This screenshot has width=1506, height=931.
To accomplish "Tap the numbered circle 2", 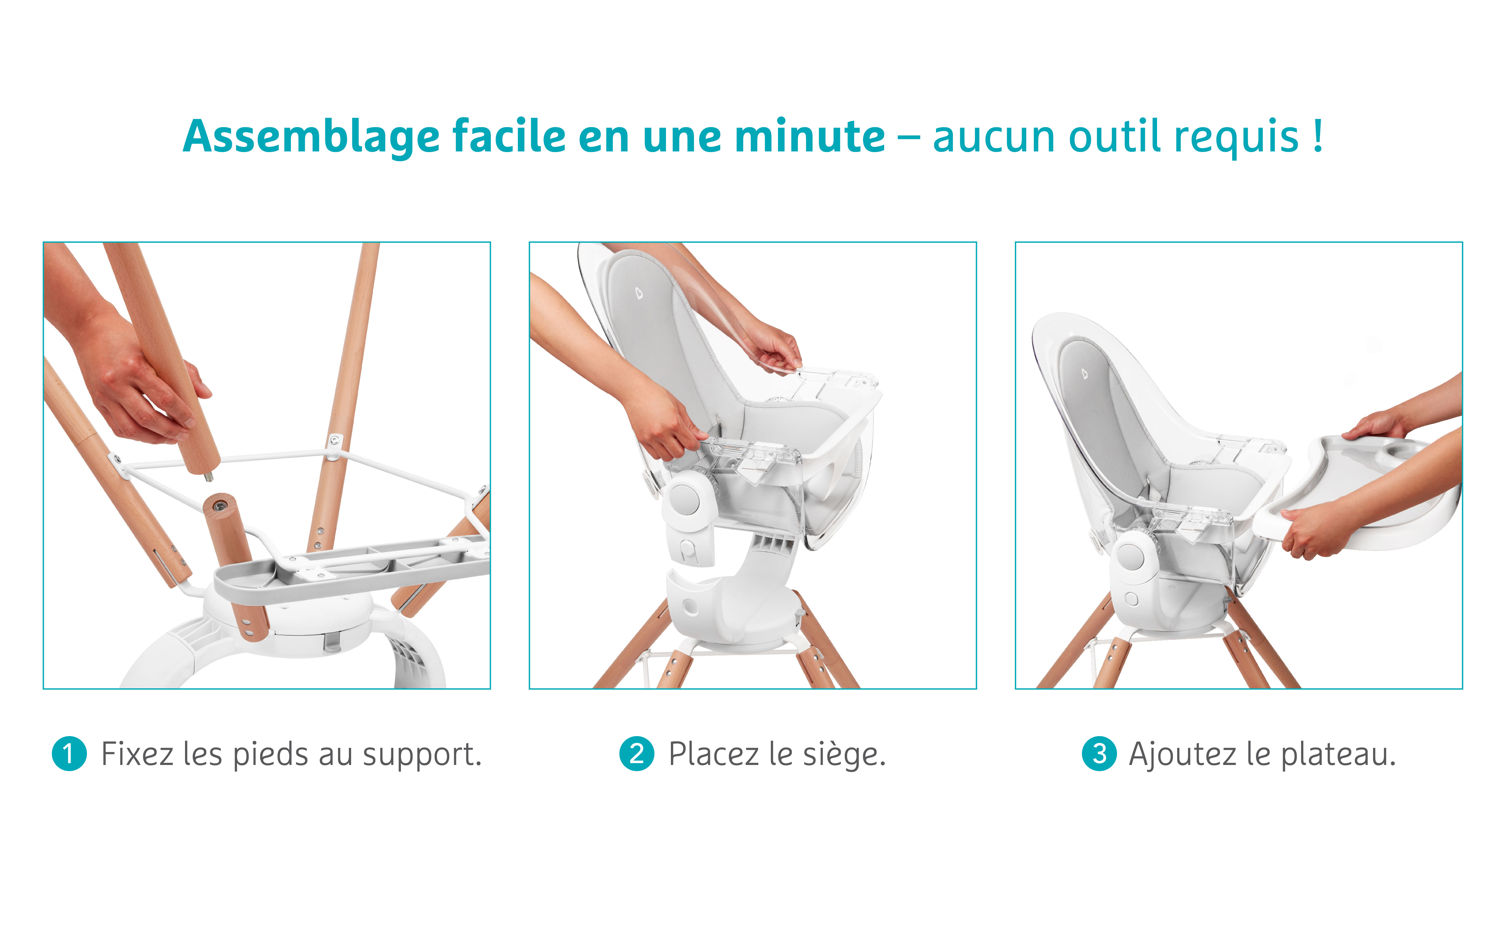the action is (x=637, y=754).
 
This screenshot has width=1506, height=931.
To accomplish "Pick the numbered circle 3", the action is (x=1100, y=754).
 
